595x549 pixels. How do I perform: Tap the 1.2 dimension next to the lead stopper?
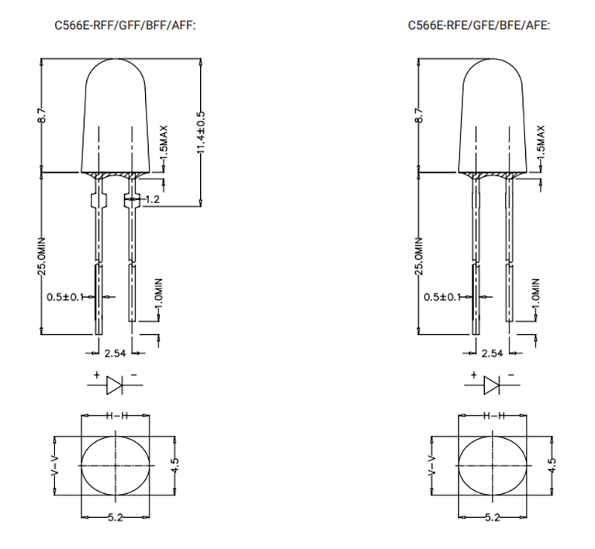click(x=152, y=199)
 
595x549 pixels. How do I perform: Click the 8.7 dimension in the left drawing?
click(x=42, y=115)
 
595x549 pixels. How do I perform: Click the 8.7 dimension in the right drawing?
click(x=418, y=115)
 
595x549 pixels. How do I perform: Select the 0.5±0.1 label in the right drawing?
click(x=442, y=297)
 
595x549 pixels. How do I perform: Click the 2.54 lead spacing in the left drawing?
click(x=115, y=353)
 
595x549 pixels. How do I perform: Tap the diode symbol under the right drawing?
click(x=491, y=384)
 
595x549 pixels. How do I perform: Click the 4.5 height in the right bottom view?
click(x=551, y=465)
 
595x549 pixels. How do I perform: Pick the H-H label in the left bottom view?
click(x=116, y=415)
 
